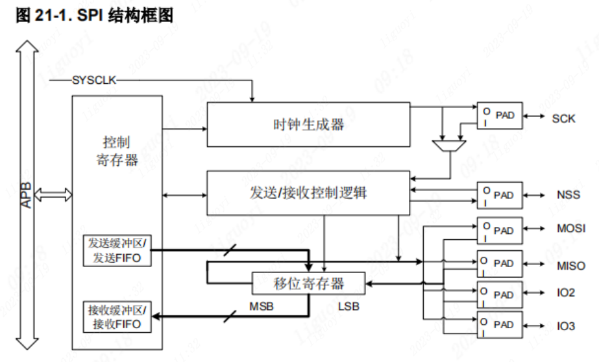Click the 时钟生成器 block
(x=308, y=124)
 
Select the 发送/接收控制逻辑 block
(x=308, y=193)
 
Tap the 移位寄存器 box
(x=308, y=283)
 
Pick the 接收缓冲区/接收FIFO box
(x=117, y=317)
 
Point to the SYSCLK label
(x=94, y=81)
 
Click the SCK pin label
(x=563, y=119)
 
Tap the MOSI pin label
(x=570, y=229)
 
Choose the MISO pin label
(x=570, y=265)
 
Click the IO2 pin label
(x=565, y=293)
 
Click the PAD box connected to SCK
(x=499, y=116)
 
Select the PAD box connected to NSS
(x=499, y=194)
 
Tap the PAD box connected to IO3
(x=499, y=324)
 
